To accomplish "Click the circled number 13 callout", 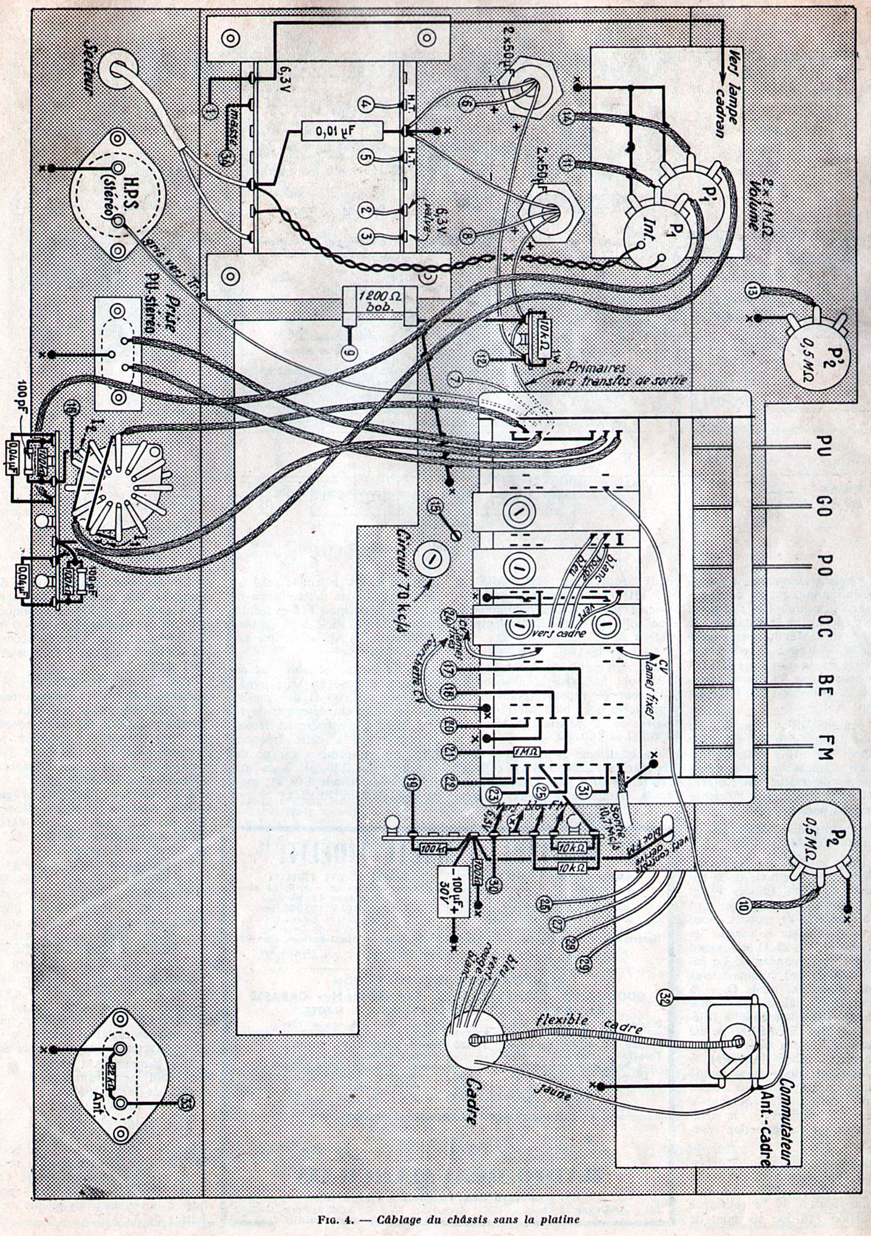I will pos(752,289).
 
